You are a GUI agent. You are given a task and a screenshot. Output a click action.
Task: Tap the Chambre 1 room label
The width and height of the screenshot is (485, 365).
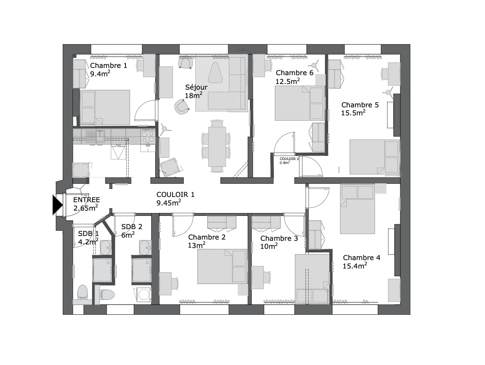pyautogui.click(x=109, y=66)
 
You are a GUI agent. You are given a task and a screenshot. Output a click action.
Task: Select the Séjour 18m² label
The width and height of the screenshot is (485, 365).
pyautogui.click(x=196, y=91)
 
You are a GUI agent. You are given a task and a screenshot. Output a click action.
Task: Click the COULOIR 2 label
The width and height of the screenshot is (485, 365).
pyautogui.click(x=290, y=159)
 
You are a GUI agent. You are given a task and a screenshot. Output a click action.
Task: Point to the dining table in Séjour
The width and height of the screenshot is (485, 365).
pyautogui.click(x=217, y=146)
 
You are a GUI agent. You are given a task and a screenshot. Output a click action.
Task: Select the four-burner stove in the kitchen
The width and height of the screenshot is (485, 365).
pyautogui.click(x=148, y=136)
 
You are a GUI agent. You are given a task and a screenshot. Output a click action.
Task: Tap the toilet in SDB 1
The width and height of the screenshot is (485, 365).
pyautogui.click(x=82, y=292)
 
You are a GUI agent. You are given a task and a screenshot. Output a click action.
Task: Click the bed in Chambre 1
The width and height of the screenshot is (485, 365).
pyautogui.click(x=105, y=107)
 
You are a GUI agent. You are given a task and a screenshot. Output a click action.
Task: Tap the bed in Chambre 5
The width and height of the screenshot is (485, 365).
pyautogui.click(x=374, y=157)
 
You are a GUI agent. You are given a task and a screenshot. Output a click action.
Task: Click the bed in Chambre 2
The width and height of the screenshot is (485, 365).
pyautogui.click(x=222, y=266)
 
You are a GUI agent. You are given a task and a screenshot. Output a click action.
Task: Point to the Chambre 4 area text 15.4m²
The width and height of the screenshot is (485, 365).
pyautogui.click(x=355, y=266)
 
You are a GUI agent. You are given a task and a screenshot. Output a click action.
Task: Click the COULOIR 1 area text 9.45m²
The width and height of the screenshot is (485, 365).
pyautogui.click(x=169, y=202)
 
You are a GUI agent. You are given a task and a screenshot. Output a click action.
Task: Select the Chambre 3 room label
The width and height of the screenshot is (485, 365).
pyautogui.click(x=279, y=238)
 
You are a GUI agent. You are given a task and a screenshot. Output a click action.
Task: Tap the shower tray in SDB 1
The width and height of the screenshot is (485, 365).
pyautogui.click(x=102, y=270)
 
